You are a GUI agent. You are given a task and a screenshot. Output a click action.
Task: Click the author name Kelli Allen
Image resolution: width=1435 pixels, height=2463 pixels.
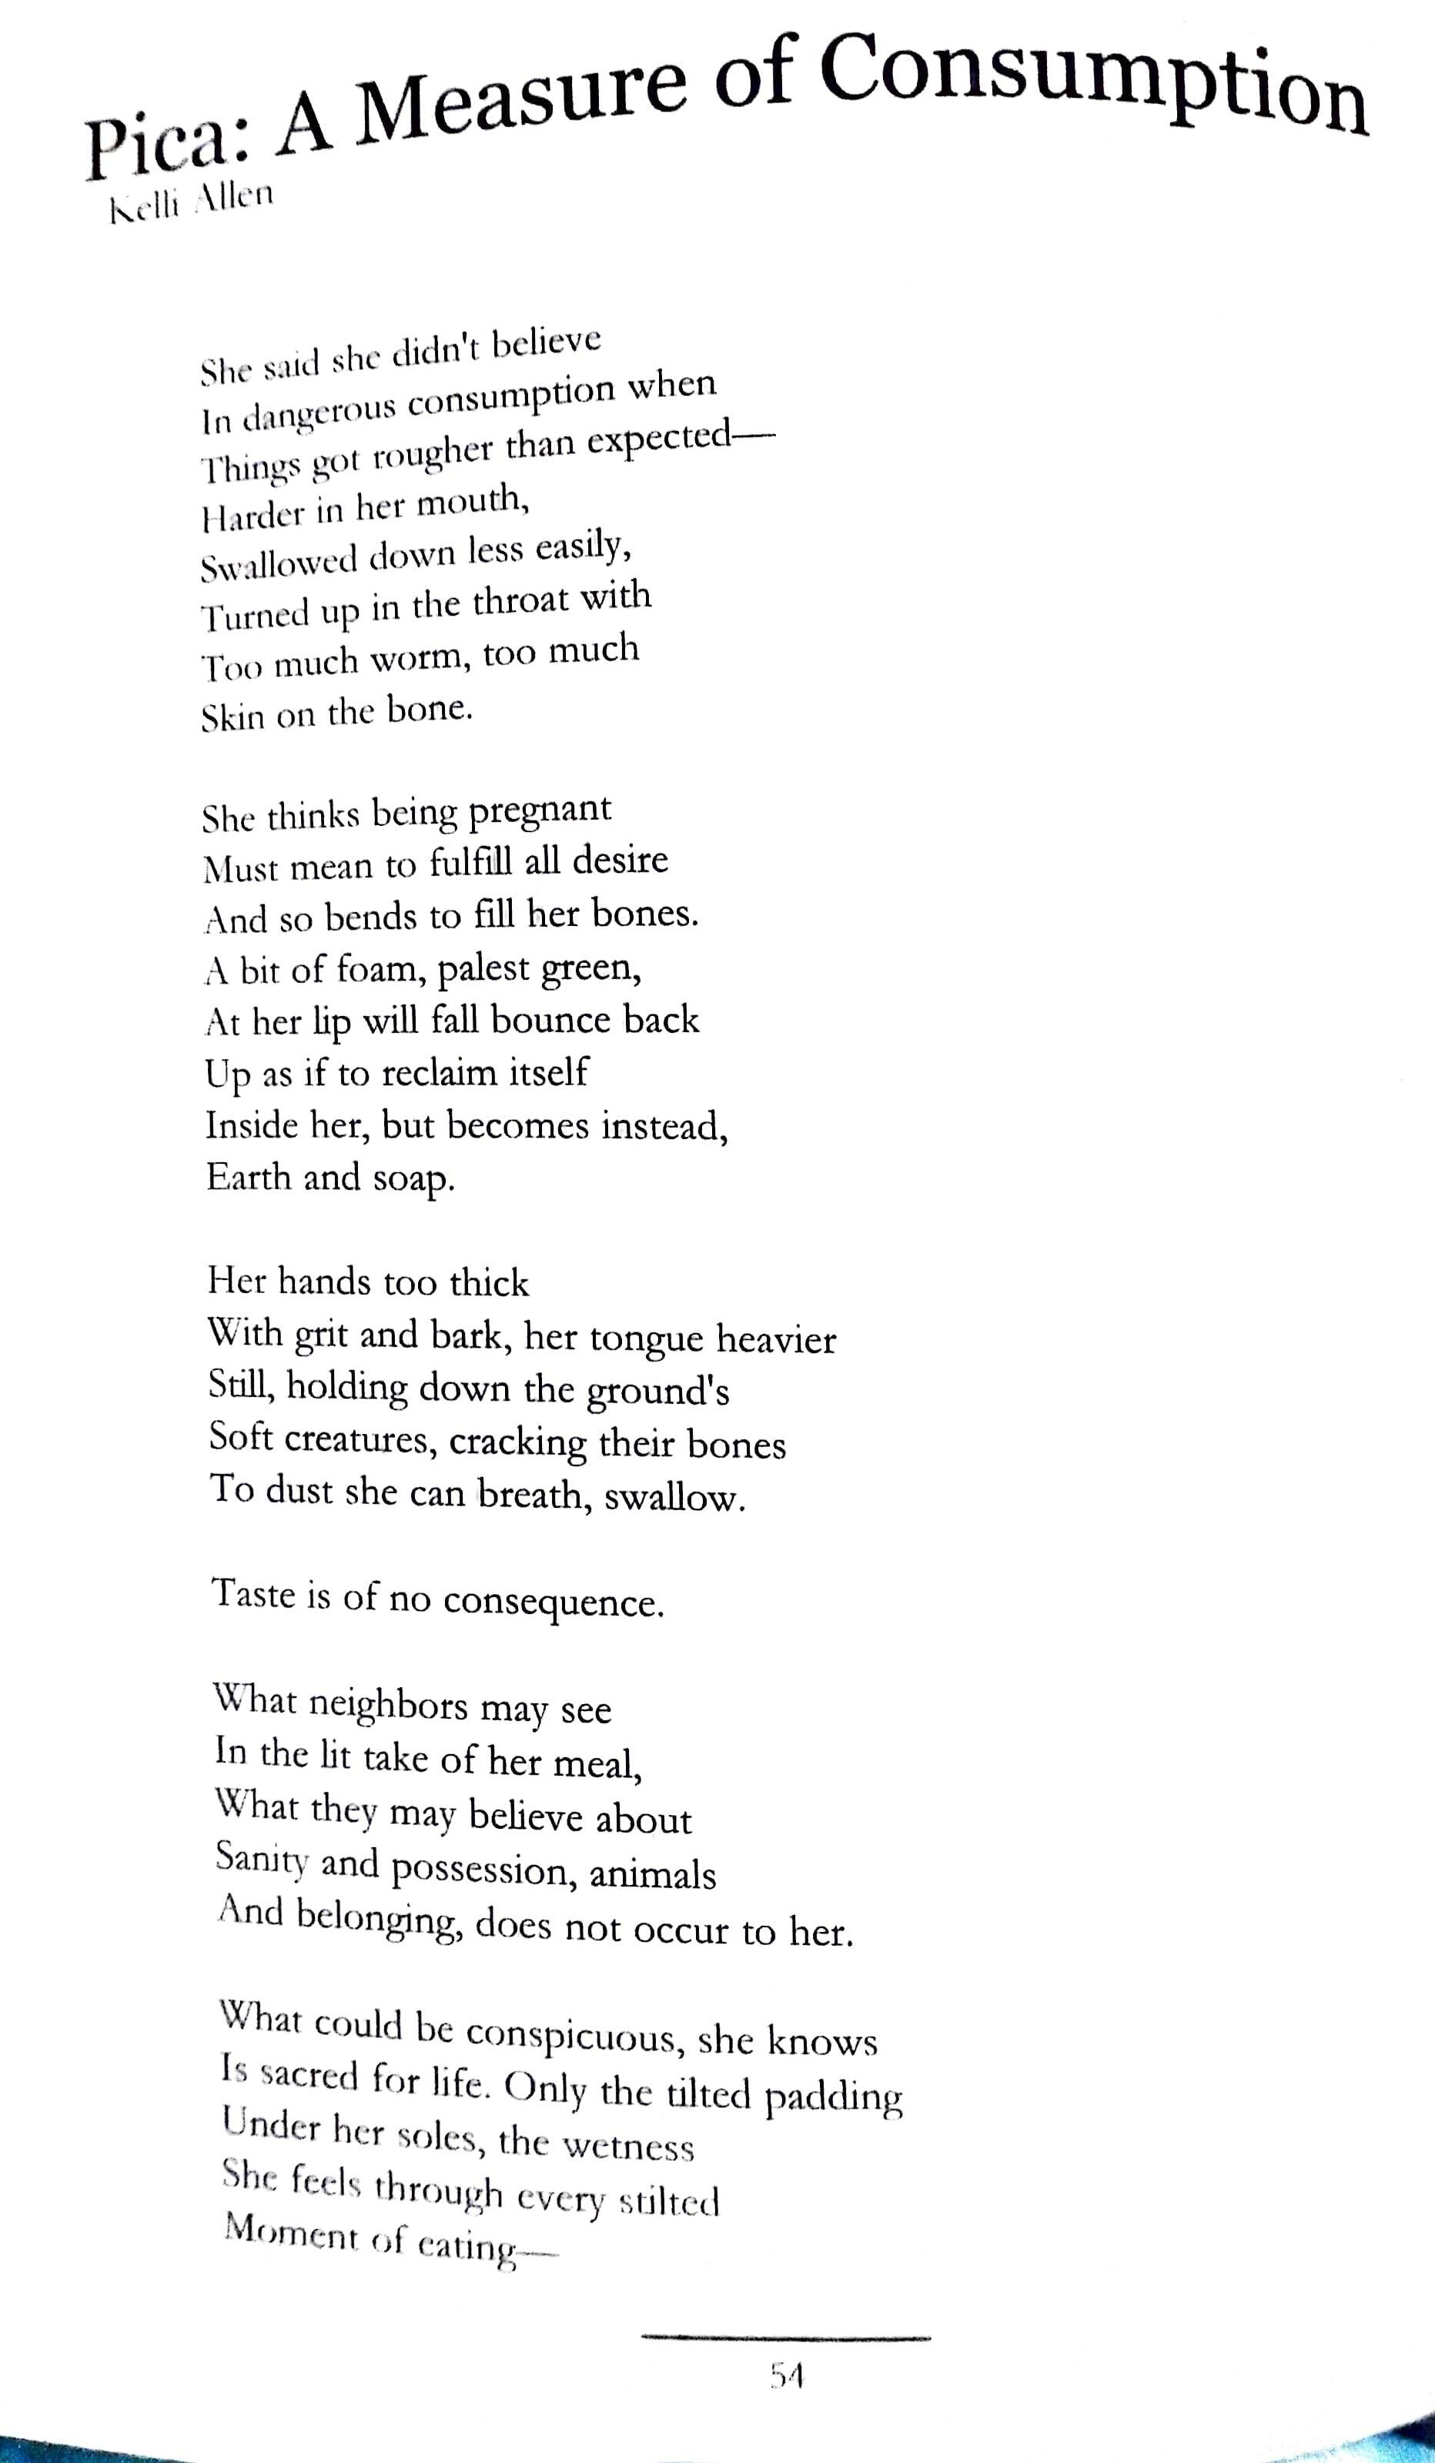[x=192, y=202]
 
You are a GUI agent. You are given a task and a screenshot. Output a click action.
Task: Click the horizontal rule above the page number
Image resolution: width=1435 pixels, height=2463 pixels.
[x=786, y=2337]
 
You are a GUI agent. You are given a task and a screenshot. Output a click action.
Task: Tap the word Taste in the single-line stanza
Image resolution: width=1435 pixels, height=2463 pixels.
[x=254, y=1594]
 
